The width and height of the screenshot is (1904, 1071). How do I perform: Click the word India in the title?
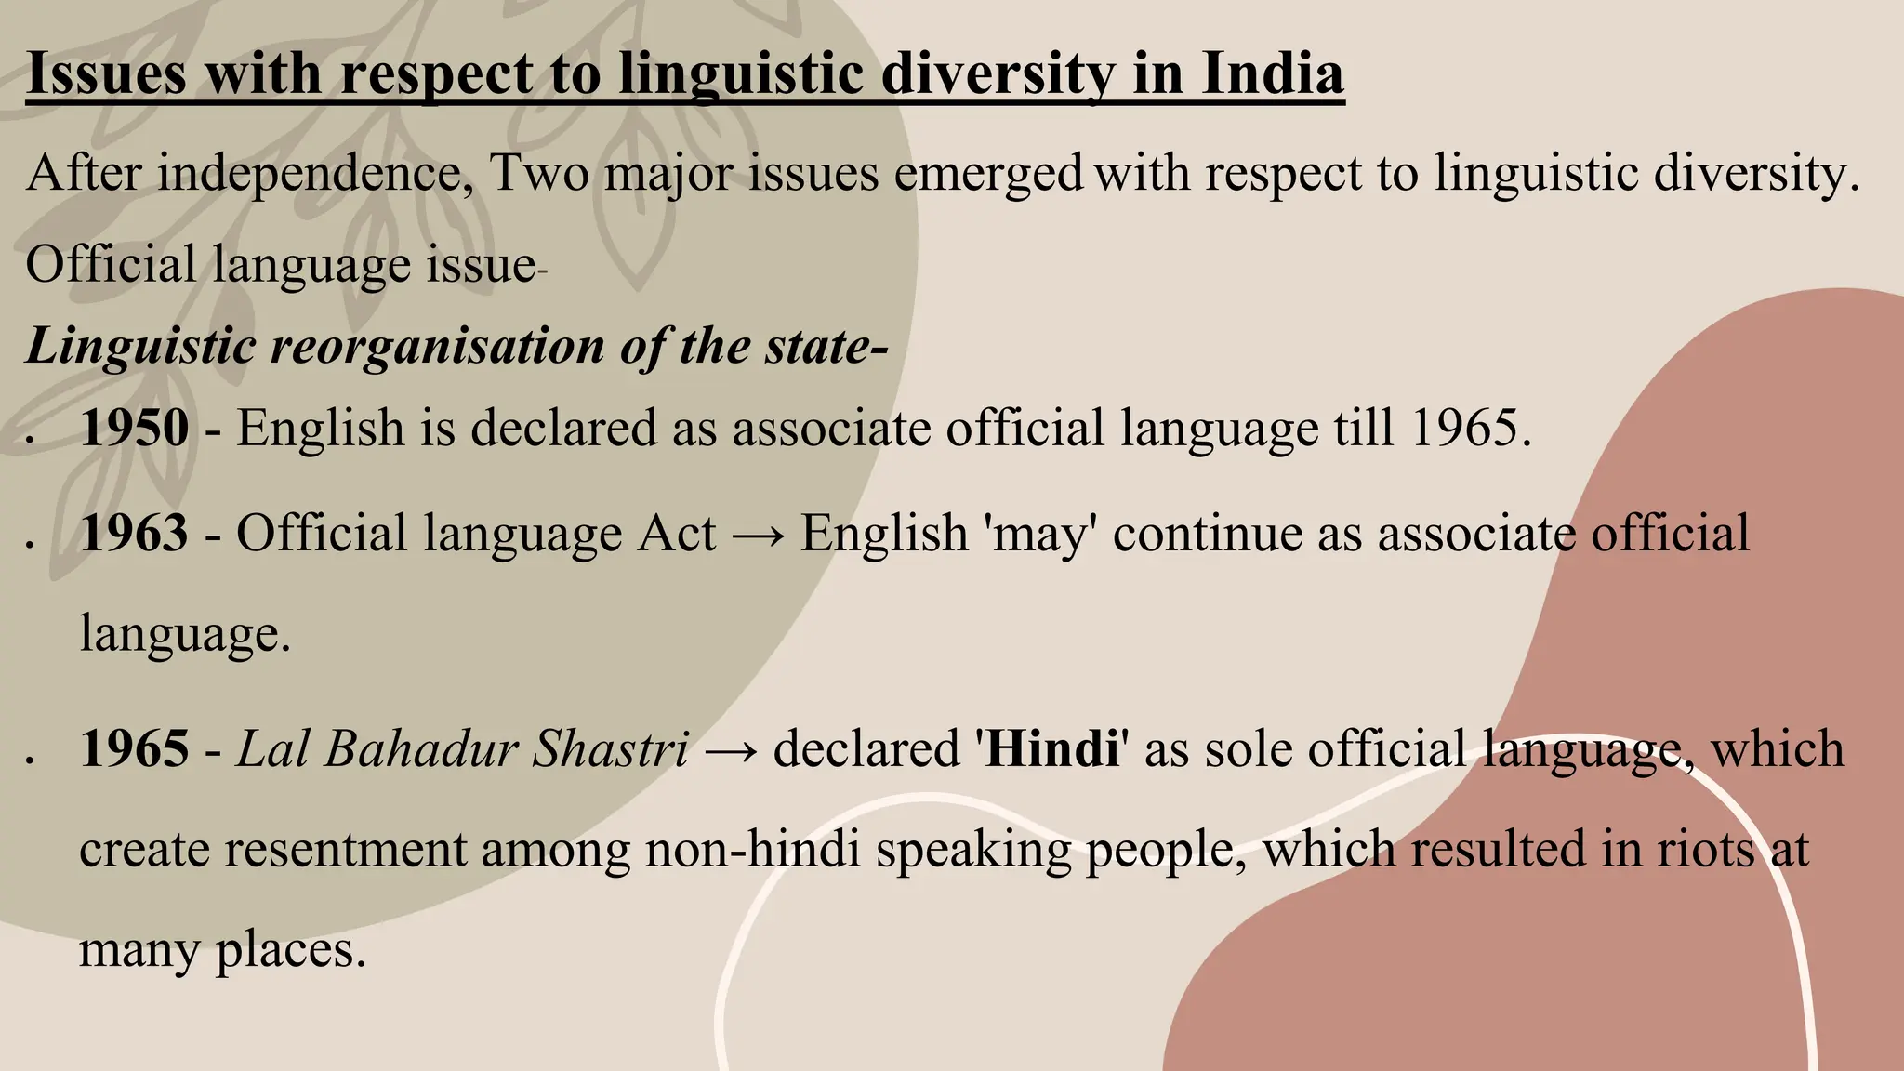(x=1272, y=74)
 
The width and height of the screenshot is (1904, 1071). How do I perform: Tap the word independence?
(x=315, y=174)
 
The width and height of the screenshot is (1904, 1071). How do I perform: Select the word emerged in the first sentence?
(x=988, y=174)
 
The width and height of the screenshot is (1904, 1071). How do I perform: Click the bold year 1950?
(x=135, y=429)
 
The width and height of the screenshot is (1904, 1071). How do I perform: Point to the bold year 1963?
(x=135, y=534)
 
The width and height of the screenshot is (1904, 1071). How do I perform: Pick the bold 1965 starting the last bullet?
(x=135, y=749)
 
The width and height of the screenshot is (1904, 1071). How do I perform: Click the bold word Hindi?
(x=1052, y=749)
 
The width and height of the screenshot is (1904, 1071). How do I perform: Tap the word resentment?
(x=346, y=850)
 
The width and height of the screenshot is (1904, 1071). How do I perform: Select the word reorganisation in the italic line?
(x=437, y=347)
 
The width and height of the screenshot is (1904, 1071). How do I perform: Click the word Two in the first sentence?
(x=539, y=174)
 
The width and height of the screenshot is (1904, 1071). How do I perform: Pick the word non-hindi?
(x=752, y=850)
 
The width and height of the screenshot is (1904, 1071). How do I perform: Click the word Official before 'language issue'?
(x=111, y=265)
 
